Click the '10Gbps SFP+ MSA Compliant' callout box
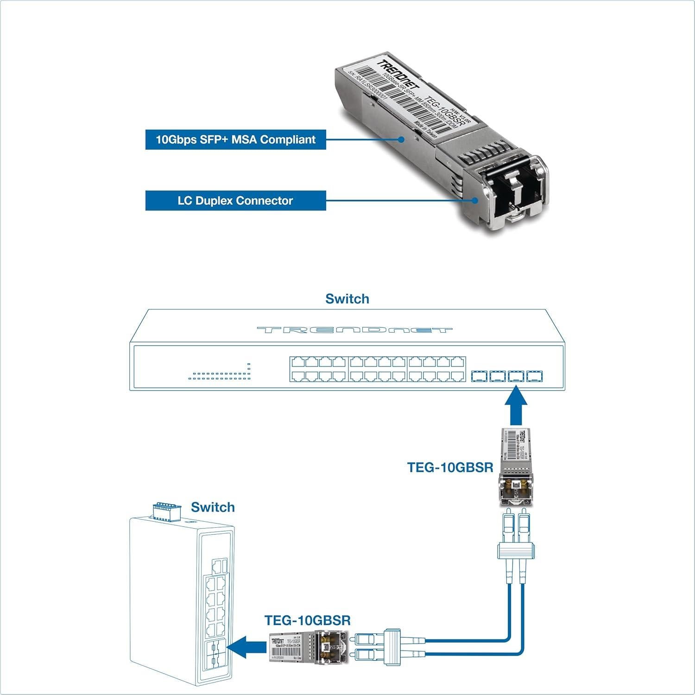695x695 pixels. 235,139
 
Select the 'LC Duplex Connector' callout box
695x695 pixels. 235,201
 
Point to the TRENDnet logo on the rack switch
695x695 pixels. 354,330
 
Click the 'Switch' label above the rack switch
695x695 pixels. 347,299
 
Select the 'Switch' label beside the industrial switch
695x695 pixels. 213,507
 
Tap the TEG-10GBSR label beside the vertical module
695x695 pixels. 450,467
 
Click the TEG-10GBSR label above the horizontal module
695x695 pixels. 307,620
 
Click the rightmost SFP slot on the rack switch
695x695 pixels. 534,376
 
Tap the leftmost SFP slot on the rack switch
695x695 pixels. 479,376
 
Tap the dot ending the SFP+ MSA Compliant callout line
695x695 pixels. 402,139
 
